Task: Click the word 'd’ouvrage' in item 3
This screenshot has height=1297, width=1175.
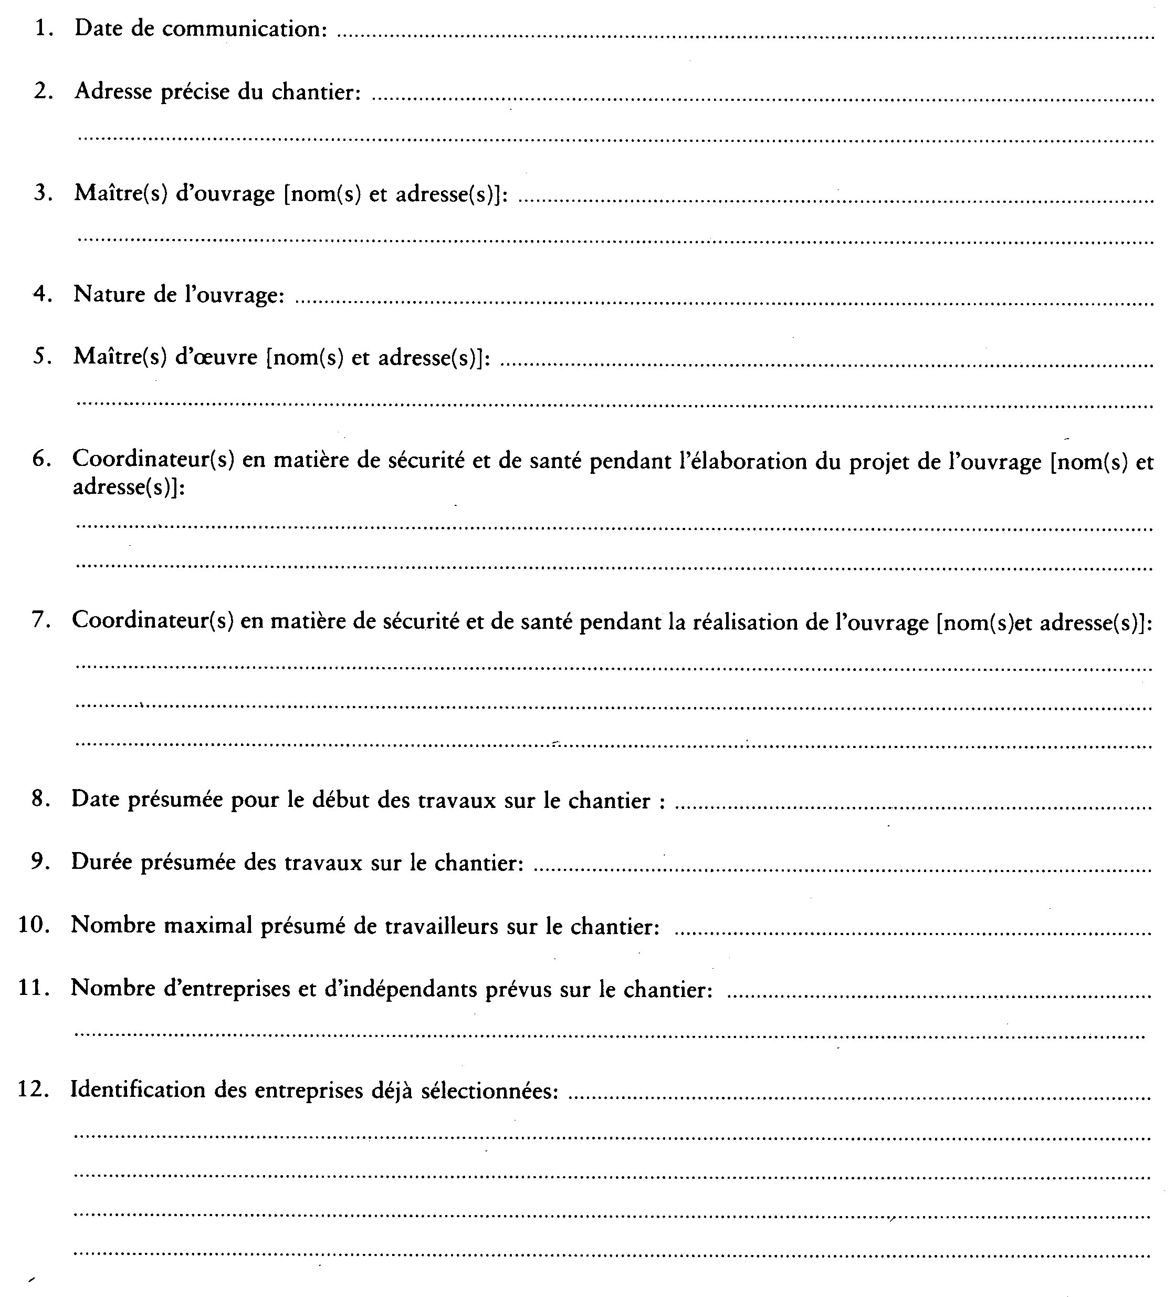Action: tap(225, 194)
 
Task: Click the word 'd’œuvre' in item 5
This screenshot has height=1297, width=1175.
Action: tap(216, 357)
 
